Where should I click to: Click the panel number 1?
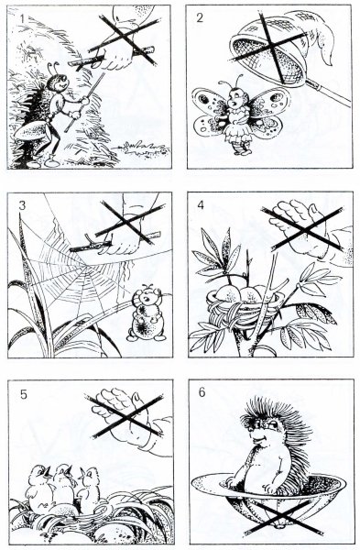click(22, 18)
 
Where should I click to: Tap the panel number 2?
click(199, 18)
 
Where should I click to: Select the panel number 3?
click(22, 205)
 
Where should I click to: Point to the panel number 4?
click(201, 204)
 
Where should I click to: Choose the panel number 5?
click(23, 394)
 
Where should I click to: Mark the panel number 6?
click(202, 392)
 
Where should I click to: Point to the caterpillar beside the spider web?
click(146, 313)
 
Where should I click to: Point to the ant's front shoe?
click(51, 162)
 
